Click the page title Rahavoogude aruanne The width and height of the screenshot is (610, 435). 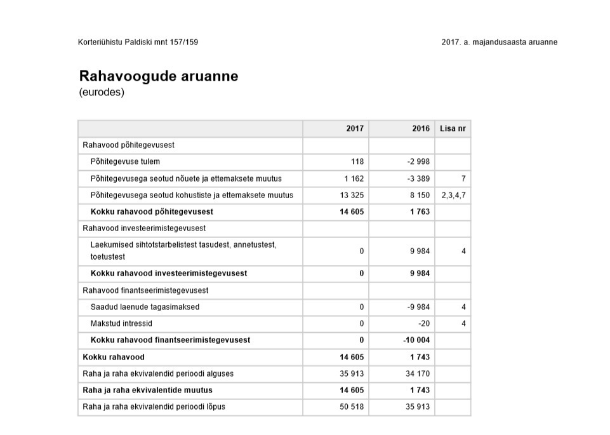[x=159, y=76]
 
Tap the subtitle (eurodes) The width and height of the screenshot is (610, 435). [x=102, y=93]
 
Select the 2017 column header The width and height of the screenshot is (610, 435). [x=355, y=128]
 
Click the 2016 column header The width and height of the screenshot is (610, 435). [x=421, y=128]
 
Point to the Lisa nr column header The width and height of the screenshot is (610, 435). [x=453, y=128]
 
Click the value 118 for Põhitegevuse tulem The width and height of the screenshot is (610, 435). [x=357, y=162]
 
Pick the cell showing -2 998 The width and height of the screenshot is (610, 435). [x=418, y=162]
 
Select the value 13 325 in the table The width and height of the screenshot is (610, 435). [x=352, y=195]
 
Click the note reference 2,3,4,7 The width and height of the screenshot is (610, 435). [x=454, y=195]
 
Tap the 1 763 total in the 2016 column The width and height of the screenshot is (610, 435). [x=420, y=211]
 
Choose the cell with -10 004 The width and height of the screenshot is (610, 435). [x=416, y=340]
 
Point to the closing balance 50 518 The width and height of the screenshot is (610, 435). [x=352, y=406]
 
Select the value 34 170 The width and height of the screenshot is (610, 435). [x=418, y=373]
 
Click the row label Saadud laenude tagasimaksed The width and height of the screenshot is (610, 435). [x=145, y=307]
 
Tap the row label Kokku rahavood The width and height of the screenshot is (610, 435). [x=114, y=357]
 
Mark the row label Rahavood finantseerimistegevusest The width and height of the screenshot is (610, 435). [x=146, y=290]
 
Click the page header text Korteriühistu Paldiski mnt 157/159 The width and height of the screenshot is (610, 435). [x=142, y=43]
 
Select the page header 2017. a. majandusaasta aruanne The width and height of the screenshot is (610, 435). [x=499, y=43]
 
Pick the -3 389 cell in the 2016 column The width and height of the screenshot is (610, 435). [x=418, y=178]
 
